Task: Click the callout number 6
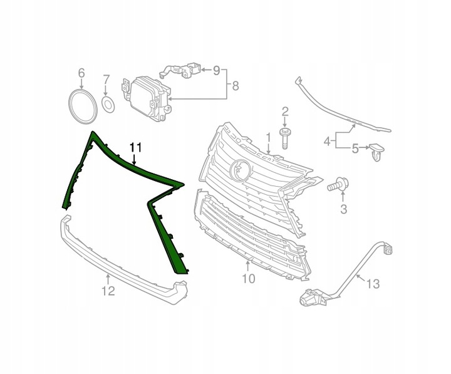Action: coord(81,75)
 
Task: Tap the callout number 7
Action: coord(106,80)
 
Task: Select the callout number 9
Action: coord(217,70)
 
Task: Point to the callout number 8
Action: coord(236,85)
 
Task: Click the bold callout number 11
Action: coord(136,148)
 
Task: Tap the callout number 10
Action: coord(249,278)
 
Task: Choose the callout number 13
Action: coord(372,284)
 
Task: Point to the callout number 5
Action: coord(355,149)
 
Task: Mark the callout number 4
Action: coord(327,142)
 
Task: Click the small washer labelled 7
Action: coord(107,103)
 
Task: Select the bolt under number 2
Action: coord(285,138)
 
